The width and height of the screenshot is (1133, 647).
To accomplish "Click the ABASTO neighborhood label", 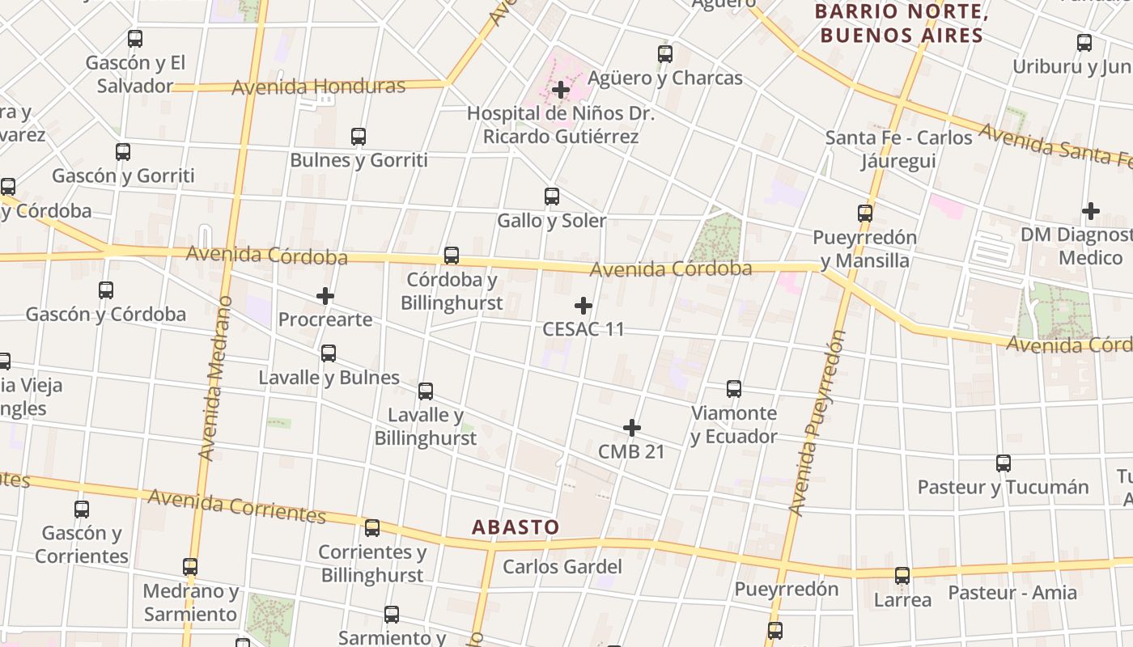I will tap(516, 527).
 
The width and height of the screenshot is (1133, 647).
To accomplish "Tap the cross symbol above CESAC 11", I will tap(583, 306).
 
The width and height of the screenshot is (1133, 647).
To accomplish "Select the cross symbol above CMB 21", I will tap(632, 428).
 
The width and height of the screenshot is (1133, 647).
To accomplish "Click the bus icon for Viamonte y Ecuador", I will tap(734, 389).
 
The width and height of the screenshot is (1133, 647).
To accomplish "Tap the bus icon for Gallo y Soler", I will tap(552, 197).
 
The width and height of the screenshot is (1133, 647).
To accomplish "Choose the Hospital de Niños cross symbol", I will tap(560, 90).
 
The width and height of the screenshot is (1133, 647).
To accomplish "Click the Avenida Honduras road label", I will tap(318, 87).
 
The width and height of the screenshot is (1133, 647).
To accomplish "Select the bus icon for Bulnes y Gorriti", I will tap(359, 137).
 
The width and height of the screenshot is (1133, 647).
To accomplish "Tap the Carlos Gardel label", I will tap(562, 566).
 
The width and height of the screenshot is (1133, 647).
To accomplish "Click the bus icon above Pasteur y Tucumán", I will tap(1004, 463).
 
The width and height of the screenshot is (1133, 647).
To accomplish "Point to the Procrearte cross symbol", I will tap(325, 297).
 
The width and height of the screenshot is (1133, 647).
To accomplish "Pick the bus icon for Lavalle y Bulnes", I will tap(329, 353).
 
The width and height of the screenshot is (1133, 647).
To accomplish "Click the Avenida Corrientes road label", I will tap(237, 505).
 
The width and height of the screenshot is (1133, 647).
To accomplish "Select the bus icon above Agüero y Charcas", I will tap(665, 54).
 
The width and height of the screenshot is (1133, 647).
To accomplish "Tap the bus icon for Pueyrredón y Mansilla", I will tap(865, 214).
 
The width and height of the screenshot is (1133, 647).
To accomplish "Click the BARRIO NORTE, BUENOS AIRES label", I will tap(902, 23).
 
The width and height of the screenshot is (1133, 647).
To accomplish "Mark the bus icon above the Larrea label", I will tap(902, 576).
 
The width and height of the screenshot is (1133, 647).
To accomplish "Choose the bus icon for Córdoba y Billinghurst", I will tap(452, 256).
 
